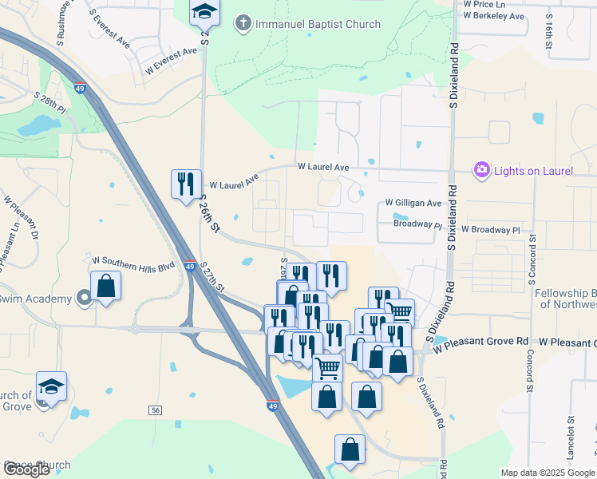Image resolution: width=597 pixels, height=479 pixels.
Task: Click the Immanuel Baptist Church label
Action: [318, 24]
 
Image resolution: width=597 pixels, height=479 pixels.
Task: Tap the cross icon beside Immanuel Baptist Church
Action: [242, 24]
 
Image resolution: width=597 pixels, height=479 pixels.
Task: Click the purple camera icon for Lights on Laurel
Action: [481, 169]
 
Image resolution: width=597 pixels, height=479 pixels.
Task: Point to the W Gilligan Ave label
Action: [413, 204]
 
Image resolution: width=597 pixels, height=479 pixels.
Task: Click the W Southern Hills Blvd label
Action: [133, 261]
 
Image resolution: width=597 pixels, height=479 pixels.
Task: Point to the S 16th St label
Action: [550, 37]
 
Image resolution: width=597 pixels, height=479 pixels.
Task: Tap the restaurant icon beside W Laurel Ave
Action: [186, 184]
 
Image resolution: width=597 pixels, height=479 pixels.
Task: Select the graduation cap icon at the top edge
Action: [204, 11]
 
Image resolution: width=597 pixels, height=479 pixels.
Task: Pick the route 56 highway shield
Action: [155, 410]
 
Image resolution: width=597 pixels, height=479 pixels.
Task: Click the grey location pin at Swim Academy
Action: [85, 299]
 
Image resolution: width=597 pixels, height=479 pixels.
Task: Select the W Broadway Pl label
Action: [478, 230]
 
